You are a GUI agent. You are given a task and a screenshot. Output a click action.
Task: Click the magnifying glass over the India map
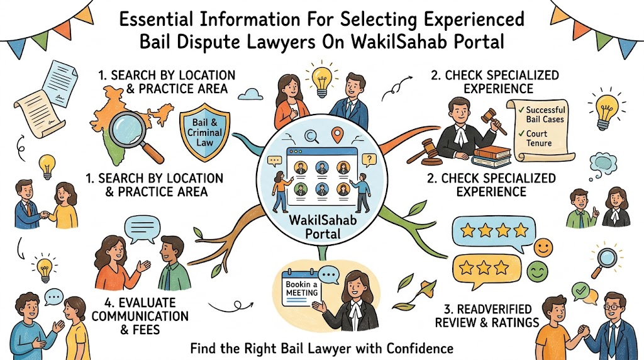(x=131, y=134)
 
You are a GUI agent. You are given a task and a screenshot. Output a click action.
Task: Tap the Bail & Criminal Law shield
(x=204, y=132)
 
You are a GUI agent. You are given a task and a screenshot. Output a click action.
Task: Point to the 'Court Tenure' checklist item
(x=538, y=138)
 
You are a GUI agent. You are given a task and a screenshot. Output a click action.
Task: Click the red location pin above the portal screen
(x=337, y=135)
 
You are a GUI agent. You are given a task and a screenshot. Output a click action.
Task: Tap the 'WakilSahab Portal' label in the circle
(x=323, y=227)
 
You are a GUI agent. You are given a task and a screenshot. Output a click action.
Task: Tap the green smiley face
(x=537, y=271)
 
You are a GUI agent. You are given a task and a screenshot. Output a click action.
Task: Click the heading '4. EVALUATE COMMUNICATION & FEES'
(x=140, y=316)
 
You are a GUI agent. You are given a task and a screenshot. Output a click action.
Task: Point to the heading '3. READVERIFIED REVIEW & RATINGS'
(x=487, y=315)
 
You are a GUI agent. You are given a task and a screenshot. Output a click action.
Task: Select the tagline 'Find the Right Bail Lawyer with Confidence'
(x=321, y=349)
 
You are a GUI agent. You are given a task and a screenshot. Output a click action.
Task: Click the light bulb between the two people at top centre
(x=321, y=79)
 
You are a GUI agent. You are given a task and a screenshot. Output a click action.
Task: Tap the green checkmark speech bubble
(x=580, y=291)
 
